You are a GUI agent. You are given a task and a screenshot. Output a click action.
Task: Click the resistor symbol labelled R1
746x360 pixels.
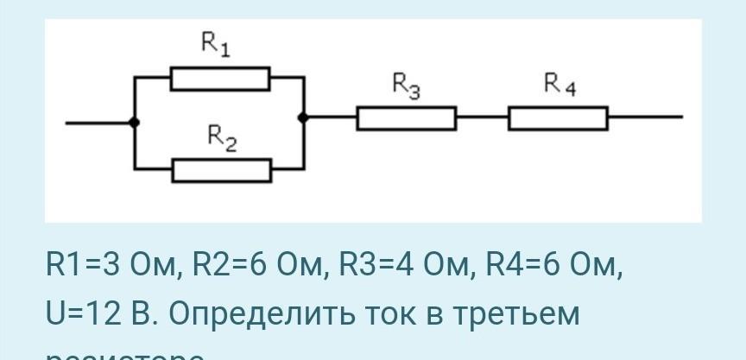[x=220, y=79]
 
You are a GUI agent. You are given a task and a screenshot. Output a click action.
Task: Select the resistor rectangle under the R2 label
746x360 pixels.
[x=222, y=170]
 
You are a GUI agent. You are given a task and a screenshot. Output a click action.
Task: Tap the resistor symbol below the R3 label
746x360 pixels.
[x=407, y=118]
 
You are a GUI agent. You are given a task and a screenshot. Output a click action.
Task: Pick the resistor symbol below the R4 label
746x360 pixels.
[x=558, y=118]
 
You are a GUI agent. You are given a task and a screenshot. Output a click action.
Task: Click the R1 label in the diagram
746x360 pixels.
[x=215, y=44]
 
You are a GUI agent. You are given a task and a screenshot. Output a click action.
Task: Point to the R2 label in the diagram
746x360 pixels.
[x=222, y=137]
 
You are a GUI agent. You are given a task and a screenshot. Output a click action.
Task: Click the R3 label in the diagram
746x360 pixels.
[x=406, y=85]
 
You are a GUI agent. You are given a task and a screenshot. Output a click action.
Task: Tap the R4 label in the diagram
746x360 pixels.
[x=559, y=84]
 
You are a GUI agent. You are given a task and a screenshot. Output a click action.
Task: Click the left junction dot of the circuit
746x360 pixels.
[x=134, y=123]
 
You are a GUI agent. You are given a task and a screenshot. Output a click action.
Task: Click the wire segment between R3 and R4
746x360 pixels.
[x=482, y=117]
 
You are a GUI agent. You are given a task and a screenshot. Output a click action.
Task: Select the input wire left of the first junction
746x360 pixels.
[x=98, y=123]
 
